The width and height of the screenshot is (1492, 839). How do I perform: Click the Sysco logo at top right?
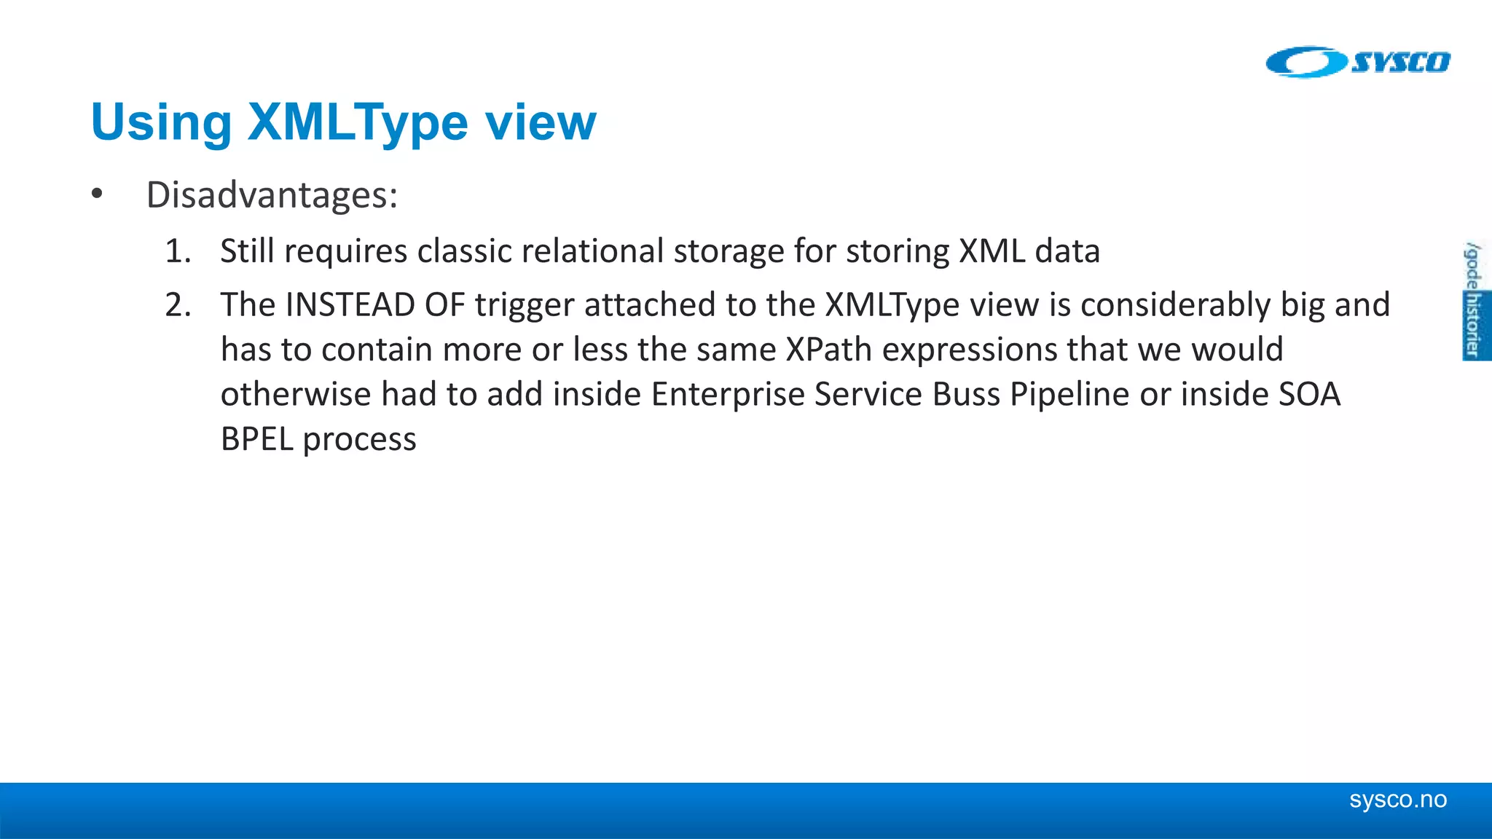(1358, 62)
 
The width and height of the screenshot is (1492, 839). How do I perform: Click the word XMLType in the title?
(358, 122)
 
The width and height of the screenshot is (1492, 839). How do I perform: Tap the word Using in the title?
(161, 122)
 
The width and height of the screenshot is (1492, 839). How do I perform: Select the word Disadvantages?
(271, 195)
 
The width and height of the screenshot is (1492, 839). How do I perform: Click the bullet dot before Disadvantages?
(97, 194)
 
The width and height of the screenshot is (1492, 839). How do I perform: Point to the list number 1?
(177, 251)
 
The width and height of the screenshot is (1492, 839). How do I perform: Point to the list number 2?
(178, 305)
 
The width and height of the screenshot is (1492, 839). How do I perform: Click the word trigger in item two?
(524, 305)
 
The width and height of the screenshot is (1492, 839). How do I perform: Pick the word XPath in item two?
(828, 350)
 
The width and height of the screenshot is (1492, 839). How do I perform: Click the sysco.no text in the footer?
(1397, 800)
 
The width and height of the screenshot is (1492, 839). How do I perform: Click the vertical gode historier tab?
(1474, 301)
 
